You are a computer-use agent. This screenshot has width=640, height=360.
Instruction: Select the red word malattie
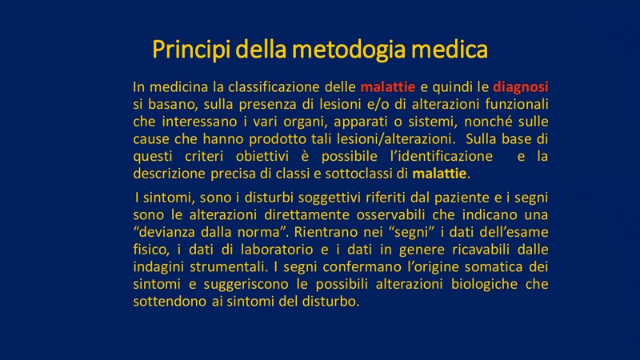(388, 87)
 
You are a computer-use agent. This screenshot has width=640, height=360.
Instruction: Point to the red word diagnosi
(521, 87)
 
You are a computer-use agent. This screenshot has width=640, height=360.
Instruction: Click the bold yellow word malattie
(439, 174)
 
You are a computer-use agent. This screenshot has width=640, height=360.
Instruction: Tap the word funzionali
(516, 104)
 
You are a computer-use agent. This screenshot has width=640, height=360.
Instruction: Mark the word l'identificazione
(442, 156)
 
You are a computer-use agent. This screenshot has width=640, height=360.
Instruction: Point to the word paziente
(462, 198)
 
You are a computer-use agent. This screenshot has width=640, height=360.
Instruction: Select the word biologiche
(484, 284)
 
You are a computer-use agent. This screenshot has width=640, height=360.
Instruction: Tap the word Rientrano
(326, 232)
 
